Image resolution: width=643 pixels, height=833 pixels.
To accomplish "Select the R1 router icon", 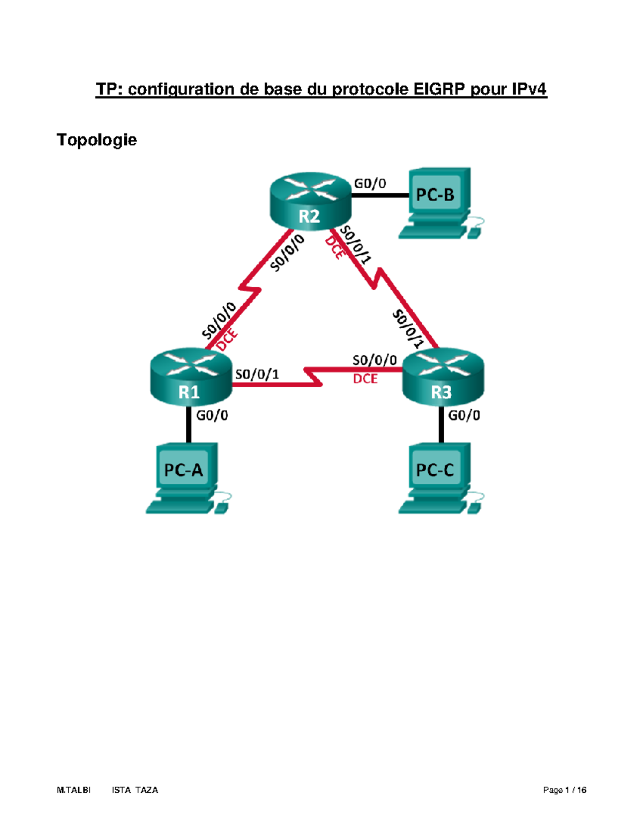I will [190, 378].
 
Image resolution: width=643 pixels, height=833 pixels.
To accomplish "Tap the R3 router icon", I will [443, 378].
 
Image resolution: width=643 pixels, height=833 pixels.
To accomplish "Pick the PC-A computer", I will [186, 477].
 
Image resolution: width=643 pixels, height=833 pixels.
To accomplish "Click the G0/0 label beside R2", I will [370, 184].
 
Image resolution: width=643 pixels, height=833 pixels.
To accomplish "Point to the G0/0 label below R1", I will [212, 416].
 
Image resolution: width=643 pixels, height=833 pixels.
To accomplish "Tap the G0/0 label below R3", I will [464, 416].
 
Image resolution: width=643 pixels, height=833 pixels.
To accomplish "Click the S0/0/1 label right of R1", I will [257, 374].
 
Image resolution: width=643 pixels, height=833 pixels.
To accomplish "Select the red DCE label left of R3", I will [365, 379].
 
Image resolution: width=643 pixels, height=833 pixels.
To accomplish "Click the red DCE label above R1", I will [227, 340].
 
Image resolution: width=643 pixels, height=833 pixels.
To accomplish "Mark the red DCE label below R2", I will [335, 248].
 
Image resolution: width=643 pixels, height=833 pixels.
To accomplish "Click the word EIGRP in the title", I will [439, 89].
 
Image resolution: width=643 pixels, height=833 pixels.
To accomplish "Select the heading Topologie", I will [97, 140].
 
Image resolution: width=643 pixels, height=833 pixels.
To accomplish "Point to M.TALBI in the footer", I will [74, 790].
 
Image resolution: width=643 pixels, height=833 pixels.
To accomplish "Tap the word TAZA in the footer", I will [146, 790].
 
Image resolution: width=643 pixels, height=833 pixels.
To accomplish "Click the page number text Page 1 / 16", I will [564, 790].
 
